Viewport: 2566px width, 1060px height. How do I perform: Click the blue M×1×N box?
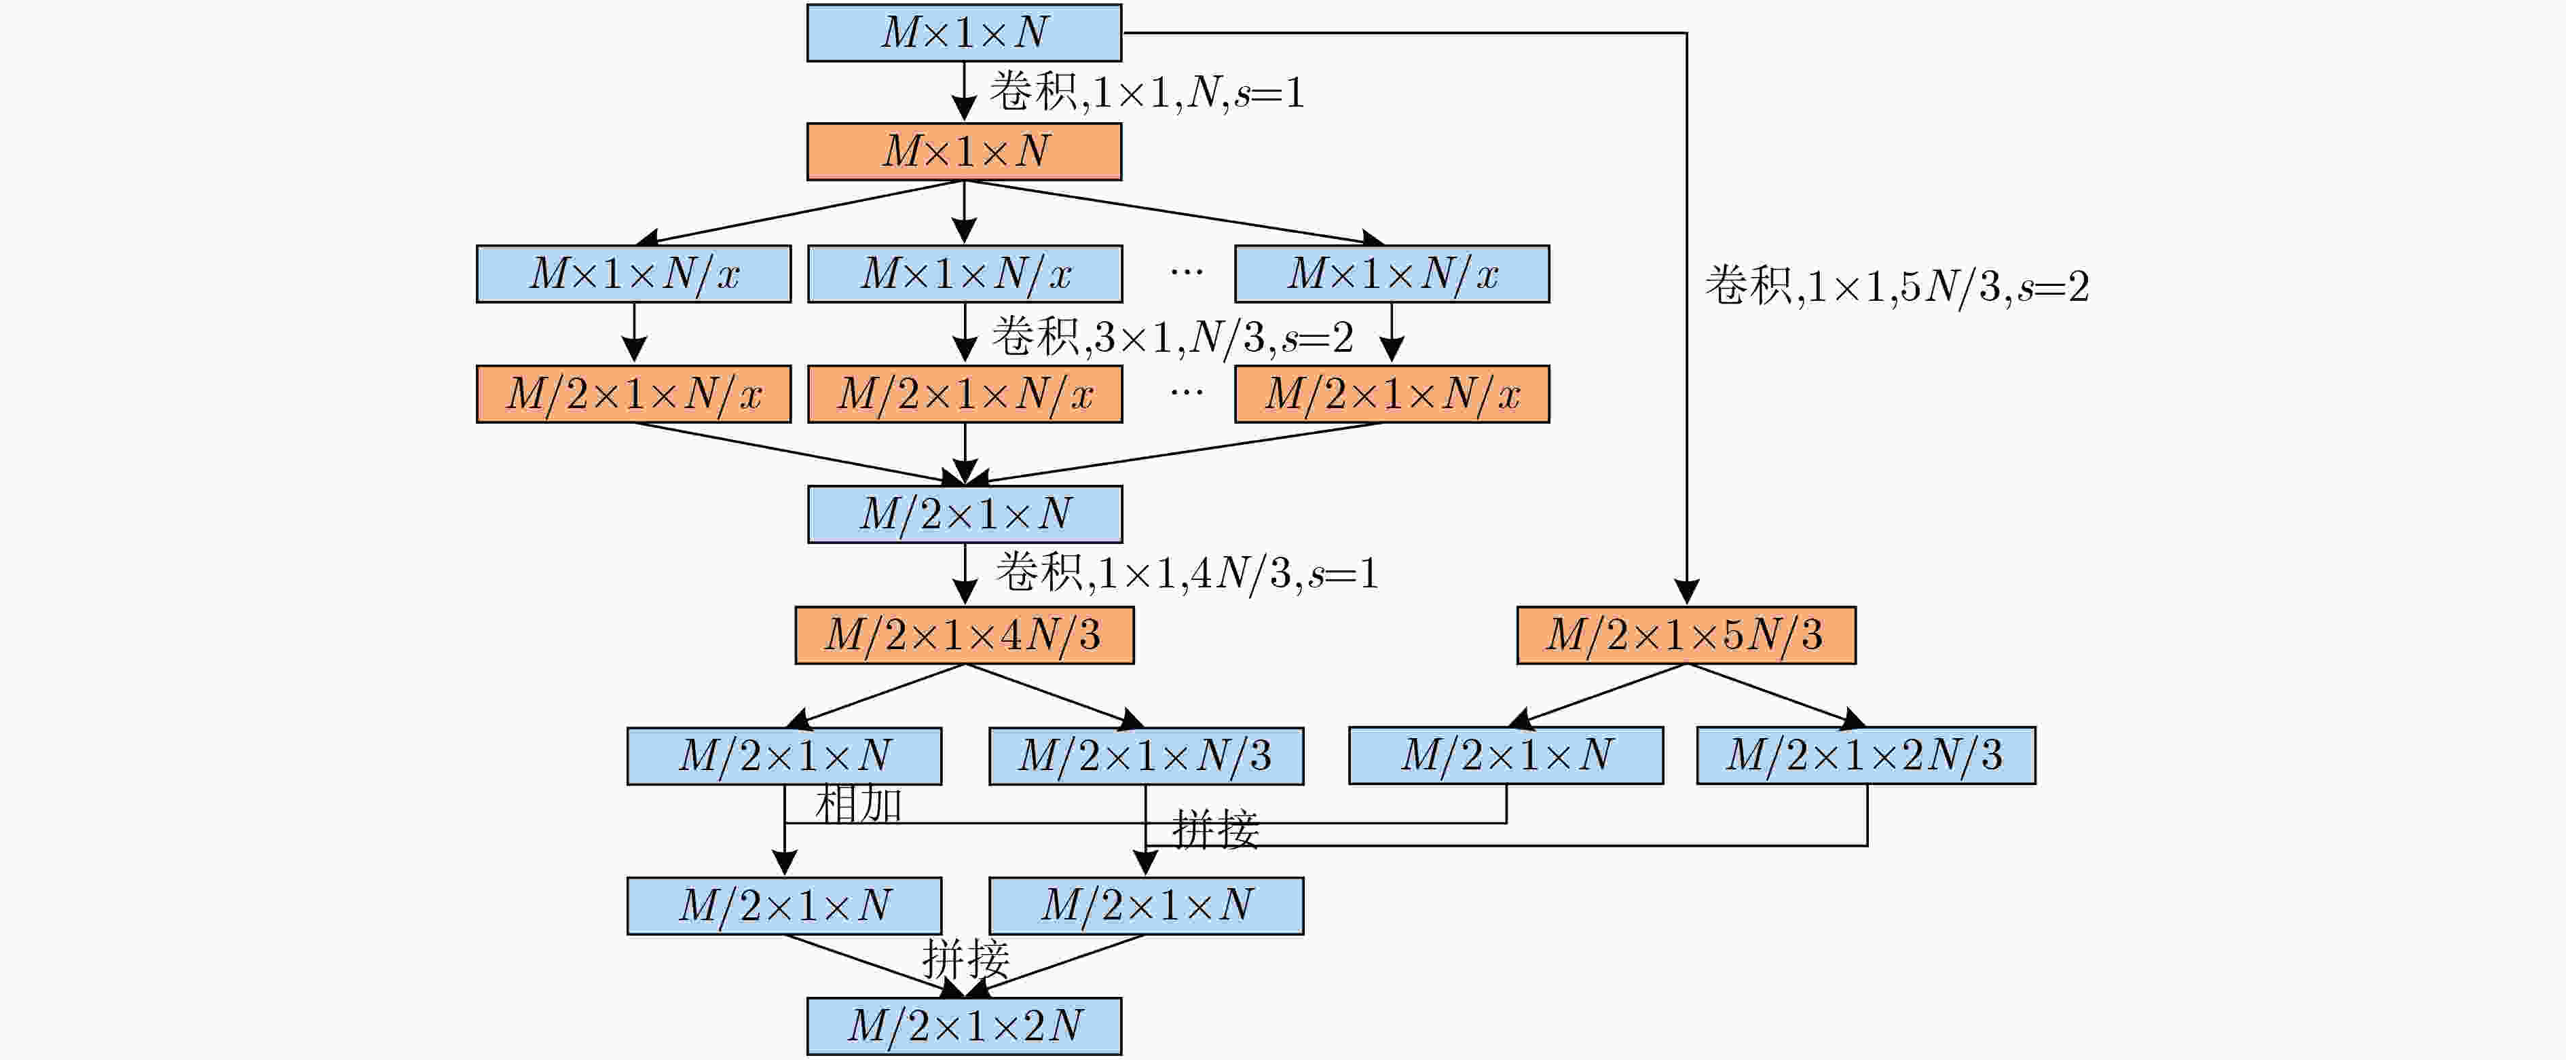coord(963,33)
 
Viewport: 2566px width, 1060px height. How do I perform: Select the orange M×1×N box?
coord(963,151)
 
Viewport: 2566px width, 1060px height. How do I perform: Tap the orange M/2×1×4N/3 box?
coord(963,635)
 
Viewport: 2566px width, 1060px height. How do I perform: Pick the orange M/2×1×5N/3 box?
coord(1686,635)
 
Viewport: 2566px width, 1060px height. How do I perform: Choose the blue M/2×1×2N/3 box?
coord(1865,755)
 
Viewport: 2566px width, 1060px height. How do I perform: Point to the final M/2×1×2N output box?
coord(963,1026)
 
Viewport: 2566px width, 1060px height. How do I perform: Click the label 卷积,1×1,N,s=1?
coord(1146,92)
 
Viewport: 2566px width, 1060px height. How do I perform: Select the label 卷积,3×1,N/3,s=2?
coord(1172,337)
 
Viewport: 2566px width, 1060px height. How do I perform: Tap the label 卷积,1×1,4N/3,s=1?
coord(1187,573)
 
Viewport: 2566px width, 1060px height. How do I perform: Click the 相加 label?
coord(857,805)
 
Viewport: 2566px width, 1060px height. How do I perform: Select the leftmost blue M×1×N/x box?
coord(633,274)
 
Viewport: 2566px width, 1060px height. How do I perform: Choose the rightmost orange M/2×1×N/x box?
coord(1392,395)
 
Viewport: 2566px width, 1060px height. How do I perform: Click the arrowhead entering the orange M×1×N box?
coord(963,109)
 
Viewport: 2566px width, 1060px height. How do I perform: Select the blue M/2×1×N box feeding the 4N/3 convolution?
coord(964,514)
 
